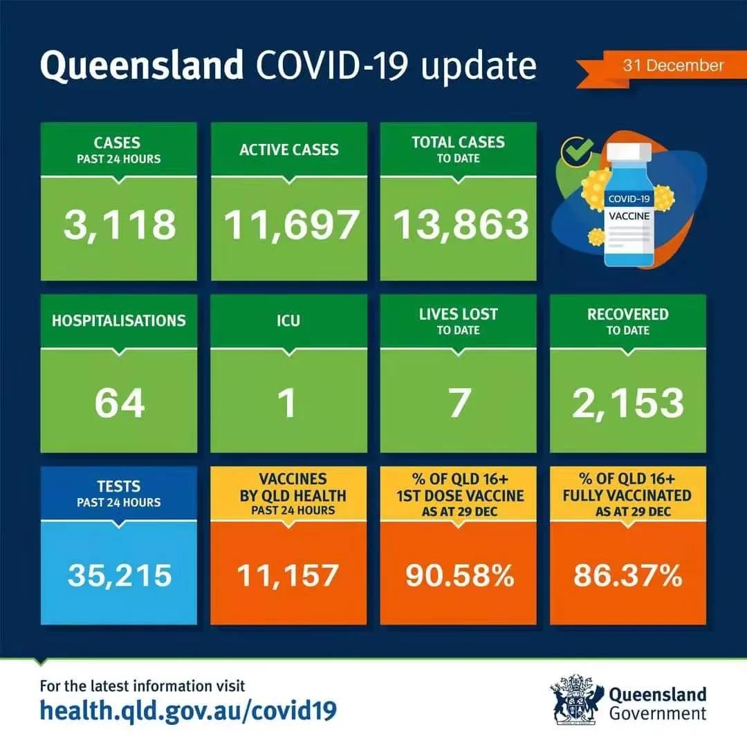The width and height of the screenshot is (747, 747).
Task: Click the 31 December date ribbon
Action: (x=660, y=68)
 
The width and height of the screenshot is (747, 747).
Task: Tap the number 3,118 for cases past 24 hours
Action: (x=120, y=225)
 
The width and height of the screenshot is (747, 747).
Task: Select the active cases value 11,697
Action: (x=290, y=225)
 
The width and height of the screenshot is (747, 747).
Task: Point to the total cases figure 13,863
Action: (x=461, y=225)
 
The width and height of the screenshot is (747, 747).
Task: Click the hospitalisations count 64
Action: (x=120, y=403)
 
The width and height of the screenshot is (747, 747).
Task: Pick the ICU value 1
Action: (x=287, y=403)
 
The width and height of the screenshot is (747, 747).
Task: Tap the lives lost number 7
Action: (x=459, y=403)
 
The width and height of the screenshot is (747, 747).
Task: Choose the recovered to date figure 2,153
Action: (x=628, y=403)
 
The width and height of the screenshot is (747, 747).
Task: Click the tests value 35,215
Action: (x=120, y=575)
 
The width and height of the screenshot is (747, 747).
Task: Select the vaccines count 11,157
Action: (x=288, y=575)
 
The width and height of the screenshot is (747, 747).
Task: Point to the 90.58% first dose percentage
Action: (x=460, y=575)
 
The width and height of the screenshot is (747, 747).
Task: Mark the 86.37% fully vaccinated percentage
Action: (x=628, y=575)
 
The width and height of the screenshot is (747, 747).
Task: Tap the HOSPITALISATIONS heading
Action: (x=119, y=321)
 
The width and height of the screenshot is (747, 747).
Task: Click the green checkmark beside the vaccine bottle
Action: (x=576, y=151)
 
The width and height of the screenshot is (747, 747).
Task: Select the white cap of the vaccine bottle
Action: (x=629, y=151)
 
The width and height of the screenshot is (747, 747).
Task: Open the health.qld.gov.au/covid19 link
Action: (x=188, y=710)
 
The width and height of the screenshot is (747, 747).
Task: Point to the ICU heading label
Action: (x=288, y=321)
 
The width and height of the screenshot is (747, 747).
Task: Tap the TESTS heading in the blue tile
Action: (x=119, y=486)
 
